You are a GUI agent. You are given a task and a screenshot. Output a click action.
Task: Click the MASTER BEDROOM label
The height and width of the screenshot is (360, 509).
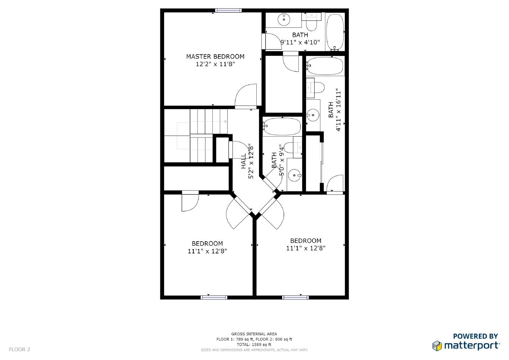click(215, 56)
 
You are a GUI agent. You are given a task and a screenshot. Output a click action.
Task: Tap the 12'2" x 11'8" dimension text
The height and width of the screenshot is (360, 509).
click(215, 64)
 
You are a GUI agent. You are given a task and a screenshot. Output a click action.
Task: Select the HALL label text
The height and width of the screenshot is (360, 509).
click(243, 161)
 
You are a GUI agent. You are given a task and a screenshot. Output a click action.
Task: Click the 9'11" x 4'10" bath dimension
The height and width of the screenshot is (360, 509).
click(300, 42)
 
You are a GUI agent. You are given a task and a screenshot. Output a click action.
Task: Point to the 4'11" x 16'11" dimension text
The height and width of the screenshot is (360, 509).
click(338, 110)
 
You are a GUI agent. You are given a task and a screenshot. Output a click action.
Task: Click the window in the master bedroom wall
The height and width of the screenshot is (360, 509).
click(228, 11)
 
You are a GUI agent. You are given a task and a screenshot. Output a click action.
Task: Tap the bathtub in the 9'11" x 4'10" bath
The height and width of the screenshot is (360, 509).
click(335, 32)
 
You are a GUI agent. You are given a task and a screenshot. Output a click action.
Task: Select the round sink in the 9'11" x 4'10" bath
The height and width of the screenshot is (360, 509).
click(284, 19)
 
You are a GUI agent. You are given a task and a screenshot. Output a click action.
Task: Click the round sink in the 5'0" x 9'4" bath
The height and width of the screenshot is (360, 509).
click(295, 175)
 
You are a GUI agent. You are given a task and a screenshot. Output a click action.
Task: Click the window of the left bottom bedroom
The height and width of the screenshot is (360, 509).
click(214, 298)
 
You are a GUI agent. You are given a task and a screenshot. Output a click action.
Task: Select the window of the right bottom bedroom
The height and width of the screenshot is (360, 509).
click(296, 298)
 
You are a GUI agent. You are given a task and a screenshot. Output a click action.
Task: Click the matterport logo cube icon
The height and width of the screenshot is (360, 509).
click(437, 346)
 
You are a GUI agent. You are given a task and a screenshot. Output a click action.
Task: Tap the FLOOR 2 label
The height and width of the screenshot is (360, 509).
click(19, 349)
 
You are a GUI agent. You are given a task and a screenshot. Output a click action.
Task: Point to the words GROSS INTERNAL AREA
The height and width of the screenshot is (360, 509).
click(254, 334)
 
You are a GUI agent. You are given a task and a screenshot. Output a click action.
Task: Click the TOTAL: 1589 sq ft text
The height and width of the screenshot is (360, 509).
click(254, 344)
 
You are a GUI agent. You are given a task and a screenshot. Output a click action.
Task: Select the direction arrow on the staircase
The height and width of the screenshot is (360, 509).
click(202, 122)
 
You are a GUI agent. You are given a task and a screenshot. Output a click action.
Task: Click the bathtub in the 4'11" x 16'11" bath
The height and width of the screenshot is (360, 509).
click(325, 66)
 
